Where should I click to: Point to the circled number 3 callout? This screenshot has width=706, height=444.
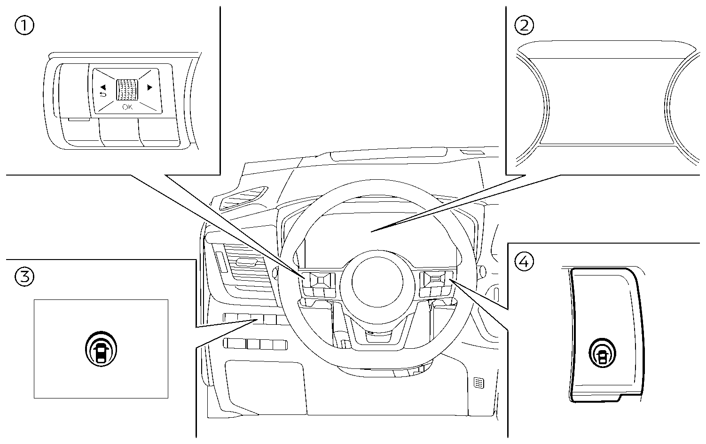pos(24,276)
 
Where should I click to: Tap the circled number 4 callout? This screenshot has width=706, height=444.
pos(525,261)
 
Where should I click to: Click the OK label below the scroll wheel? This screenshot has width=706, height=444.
pos(127,107)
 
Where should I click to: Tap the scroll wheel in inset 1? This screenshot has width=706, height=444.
pos(127,89)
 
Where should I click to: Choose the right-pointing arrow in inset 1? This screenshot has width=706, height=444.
pos(150,87)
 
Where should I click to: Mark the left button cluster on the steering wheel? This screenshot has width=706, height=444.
pos(319,283)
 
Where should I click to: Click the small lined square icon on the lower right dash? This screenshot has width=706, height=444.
pos(478,383)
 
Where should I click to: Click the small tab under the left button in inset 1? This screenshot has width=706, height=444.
pos(78,119)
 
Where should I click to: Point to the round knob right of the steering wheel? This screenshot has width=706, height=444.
pos(481,271)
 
